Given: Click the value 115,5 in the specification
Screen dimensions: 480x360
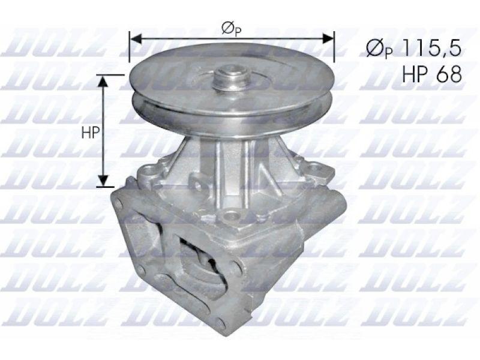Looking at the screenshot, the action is point(432,49).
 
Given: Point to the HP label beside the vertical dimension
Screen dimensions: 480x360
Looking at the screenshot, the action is point(91,132).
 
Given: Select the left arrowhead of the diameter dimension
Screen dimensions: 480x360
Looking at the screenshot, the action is point(136,38).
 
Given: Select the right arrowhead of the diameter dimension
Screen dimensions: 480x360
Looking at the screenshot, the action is point(328,38).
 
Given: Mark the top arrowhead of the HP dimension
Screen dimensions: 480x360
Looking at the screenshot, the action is point(103,81).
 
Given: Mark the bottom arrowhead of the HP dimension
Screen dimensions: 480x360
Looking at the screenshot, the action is point(103,180).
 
